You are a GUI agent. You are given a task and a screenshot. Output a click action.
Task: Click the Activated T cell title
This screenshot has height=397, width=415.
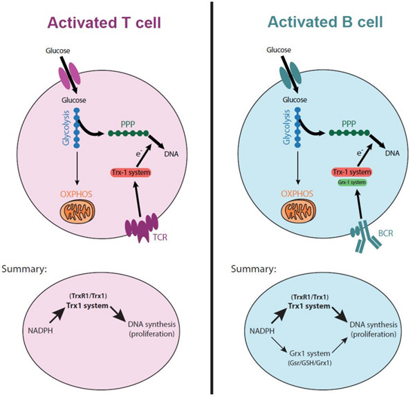click(104, 23)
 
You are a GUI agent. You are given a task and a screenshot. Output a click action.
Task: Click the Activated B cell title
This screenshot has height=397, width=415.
click(325, 21)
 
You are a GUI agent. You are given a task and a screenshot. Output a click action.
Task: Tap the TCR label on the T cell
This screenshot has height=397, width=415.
click(160, 237)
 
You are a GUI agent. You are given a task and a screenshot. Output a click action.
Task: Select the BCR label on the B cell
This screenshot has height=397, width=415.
click(386, 233)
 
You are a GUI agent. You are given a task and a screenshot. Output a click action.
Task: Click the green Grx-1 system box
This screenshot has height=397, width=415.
click(352, 183)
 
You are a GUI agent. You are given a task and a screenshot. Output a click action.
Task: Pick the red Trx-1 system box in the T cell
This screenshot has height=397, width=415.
click(131, 173)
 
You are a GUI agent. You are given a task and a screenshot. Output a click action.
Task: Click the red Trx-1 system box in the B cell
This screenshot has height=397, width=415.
click(352, 172)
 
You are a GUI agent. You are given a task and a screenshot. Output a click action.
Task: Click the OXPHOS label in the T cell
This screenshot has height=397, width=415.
click(76, 194)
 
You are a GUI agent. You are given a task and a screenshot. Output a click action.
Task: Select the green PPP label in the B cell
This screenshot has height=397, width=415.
click(349, 124)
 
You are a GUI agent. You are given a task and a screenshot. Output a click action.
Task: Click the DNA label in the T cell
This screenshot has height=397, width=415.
click(172, 154)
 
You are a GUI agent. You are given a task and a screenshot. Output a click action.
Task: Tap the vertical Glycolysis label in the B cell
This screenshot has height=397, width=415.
click(286, 127)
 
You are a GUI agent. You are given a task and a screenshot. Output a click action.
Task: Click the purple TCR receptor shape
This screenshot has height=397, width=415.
click(142, 227)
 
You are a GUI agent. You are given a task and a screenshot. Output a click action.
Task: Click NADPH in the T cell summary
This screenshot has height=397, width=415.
click(40, 331)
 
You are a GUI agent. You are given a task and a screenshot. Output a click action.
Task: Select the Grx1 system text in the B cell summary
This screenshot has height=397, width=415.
click(310, 353)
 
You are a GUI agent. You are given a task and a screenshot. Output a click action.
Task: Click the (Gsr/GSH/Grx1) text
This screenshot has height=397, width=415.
click(310, 362)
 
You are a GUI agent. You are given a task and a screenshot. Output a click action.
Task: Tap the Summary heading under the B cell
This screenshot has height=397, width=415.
click(254, 269)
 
